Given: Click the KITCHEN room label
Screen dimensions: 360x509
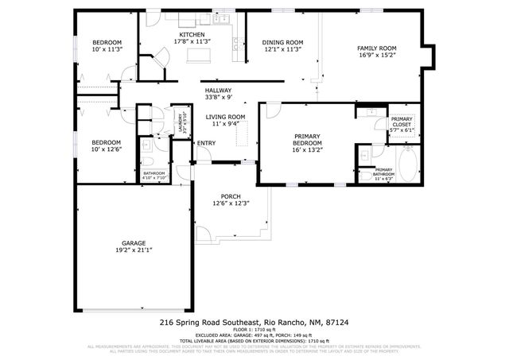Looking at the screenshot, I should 191,35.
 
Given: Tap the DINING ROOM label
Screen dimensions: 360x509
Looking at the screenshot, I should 283,42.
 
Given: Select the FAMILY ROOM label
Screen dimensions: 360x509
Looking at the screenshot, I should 376,48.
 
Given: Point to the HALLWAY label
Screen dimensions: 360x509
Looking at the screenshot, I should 218,91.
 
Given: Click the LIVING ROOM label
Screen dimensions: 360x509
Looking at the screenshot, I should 226,117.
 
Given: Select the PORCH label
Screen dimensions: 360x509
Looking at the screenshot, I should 231,196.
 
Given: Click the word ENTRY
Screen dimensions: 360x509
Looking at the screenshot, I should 206,143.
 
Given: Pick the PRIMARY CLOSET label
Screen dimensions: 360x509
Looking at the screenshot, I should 401,122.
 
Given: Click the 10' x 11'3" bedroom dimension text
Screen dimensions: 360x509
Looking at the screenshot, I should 107,49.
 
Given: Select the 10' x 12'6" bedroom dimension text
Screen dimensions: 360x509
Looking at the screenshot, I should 107,149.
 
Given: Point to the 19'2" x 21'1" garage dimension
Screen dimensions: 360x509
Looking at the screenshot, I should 134,250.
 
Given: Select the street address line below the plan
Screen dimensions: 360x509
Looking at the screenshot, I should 254,323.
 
